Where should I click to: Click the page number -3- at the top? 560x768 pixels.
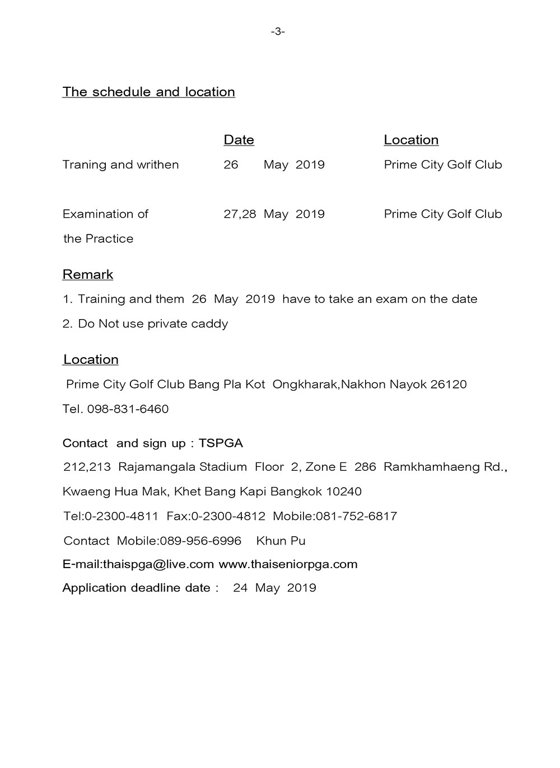[x=278, y=32]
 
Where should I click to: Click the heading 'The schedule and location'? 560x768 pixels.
[x=148, y=92]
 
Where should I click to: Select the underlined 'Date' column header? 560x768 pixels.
[x=239, y=140]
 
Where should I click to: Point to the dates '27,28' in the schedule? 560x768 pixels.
[x=240, y=214]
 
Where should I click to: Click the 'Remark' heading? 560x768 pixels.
[x=88, y=274]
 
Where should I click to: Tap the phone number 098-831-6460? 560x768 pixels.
[x=128, y=409]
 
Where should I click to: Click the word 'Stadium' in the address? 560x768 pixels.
[x=223, y=467]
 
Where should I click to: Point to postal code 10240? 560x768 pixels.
[x=343, y=491]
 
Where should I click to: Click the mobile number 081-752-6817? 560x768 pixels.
[x=357, y=516]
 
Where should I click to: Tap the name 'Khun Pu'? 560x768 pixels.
[x=281, y=541]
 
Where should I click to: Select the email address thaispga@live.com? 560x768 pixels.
[x=158, y=564]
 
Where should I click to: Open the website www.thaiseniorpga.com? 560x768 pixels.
[x=288, y=564]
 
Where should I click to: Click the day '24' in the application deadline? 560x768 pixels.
[x=240, y=588]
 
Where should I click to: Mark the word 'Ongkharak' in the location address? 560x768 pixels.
[x=305, y=385]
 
